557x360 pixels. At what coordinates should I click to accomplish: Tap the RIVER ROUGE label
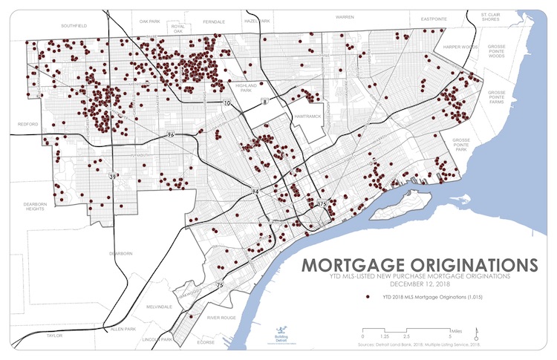pos(222,317)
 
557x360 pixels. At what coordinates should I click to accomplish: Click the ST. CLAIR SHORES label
pos(493,18)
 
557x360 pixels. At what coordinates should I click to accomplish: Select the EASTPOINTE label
pos(434,16)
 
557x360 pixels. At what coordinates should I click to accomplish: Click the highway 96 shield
pos(170,136)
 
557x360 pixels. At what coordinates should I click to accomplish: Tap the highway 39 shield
pos(112,177)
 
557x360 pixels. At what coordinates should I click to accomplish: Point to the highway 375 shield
pos(322,203)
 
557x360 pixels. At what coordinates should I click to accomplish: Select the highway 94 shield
pos(255,192)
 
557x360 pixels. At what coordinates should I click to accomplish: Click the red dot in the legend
pos(367,297)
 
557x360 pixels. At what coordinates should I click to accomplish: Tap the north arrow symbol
pos(476,331)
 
